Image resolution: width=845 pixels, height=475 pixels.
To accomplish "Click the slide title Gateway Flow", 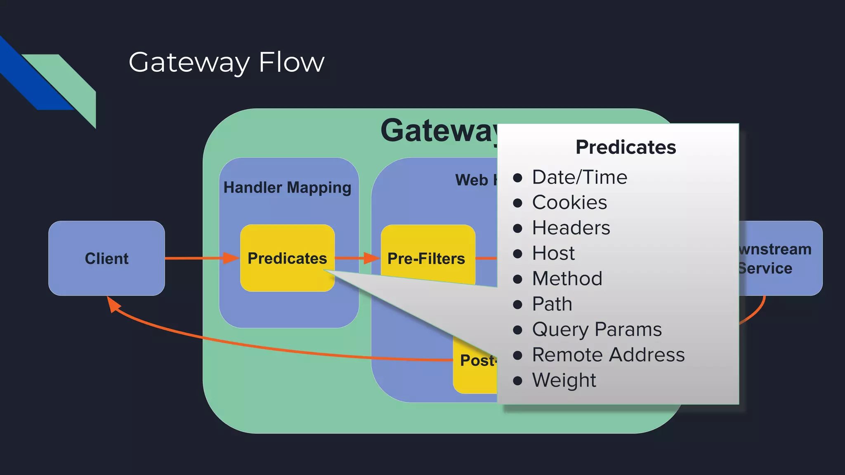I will tap(227, 63).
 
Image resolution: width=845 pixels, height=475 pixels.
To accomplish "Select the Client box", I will tap(106, 259).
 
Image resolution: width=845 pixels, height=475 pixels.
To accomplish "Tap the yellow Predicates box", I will tap(287, 258).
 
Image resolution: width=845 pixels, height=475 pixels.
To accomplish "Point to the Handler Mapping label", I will tap(287, 188).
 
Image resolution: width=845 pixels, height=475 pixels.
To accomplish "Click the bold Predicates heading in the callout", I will tap(625, 147).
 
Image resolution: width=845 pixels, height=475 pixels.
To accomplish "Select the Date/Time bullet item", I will tap(579, 177).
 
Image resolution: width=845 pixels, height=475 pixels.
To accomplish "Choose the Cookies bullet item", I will tap(569, 202).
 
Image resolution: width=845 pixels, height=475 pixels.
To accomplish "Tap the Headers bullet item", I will tap(571, 228).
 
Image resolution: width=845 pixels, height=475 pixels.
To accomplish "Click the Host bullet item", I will tap(553, 253).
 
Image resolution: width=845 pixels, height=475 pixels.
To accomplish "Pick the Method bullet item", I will tap(567, 279).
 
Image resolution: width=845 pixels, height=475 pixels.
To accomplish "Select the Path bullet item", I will tap(552, 304).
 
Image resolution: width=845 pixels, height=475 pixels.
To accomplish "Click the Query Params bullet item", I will tap(597, 329).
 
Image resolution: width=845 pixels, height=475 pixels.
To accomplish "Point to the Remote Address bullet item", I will tap(608, 355).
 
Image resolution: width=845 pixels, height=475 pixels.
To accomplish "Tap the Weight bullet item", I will tap(564, 380).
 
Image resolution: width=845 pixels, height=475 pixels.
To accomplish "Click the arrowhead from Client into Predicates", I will tap(231, 258).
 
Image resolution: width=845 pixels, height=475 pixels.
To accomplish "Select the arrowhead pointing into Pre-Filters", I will tap(371, 258).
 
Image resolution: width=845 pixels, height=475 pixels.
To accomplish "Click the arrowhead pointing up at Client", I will tap(113, 304).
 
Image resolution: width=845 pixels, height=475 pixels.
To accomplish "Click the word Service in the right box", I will tap(766, 268).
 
